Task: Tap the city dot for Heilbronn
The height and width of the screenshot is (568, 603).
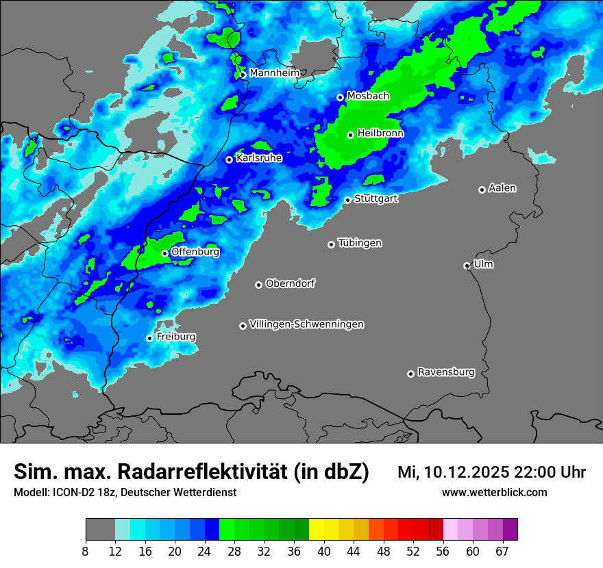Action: pos(350,135)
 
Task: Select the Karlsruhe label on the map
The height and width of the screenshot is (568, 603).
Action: pos(258,158)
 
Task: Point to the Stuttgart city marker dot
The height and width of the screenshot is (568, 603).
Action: pos(347,200)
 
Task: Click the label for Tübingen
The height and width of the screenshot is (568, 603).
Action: pos(360,243)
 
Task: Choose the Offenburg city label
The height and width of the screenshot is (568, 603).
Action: pos(195,252)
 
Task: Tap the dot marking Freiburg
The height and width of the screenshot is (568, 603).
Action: pos(149,338)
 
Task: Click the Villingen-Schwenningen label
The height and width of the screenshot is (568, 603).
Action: pos(306,324)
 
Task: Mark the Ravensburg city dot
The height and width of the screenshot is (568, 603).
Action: pos(410,374)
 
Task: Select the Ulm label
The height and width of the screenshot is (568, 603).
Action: pos(483,264)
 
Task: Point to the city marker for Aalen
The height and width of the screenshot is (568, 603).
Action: pos(482,190)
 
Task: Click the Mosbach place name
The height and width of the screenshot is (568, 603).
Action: pos(368,96)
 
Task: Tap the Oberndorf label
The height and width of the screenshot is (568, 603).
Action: pos(291,283)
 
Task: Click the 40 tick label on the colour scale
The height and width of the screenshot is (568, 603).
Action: pos(324,551)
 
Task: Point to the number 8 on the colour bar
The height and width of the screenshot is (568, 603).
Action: pos(85,551)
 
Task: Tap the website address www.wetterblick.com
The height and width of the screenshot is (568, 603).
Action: pos(494,492)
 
